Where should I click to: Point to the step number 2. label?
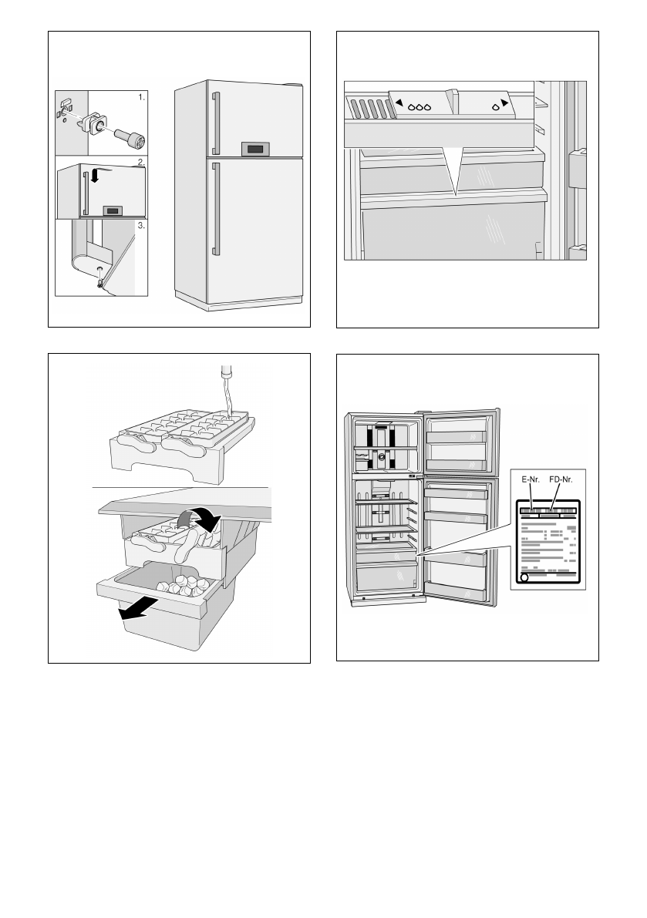click(140, 163)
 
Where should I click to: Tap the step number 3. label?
click(140, 227)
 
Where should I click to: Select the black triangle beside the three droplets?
click(400, 102)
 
